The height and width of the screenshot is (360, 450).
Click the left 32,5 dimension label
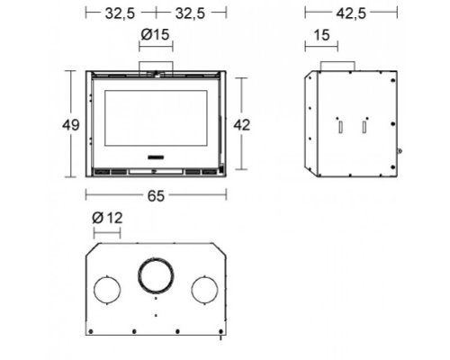120,13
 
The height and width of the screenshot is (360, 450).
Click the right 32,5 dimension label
190,13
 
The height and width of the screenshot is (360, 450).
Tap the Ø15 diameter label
156,34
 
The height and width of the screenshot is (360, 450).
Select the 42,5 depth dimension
351,13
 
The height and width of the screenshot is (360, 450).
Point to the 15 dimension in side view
321,35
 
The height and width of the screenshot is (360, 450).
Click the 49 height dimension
71,125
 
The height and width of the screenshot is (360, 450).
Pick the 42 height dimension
242,125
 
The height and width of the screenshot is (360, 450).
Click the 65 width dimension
156,196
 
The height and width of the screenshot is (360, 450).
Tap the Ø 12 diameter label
107,218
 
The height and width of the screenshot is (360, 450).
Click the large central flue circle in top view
156,258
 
